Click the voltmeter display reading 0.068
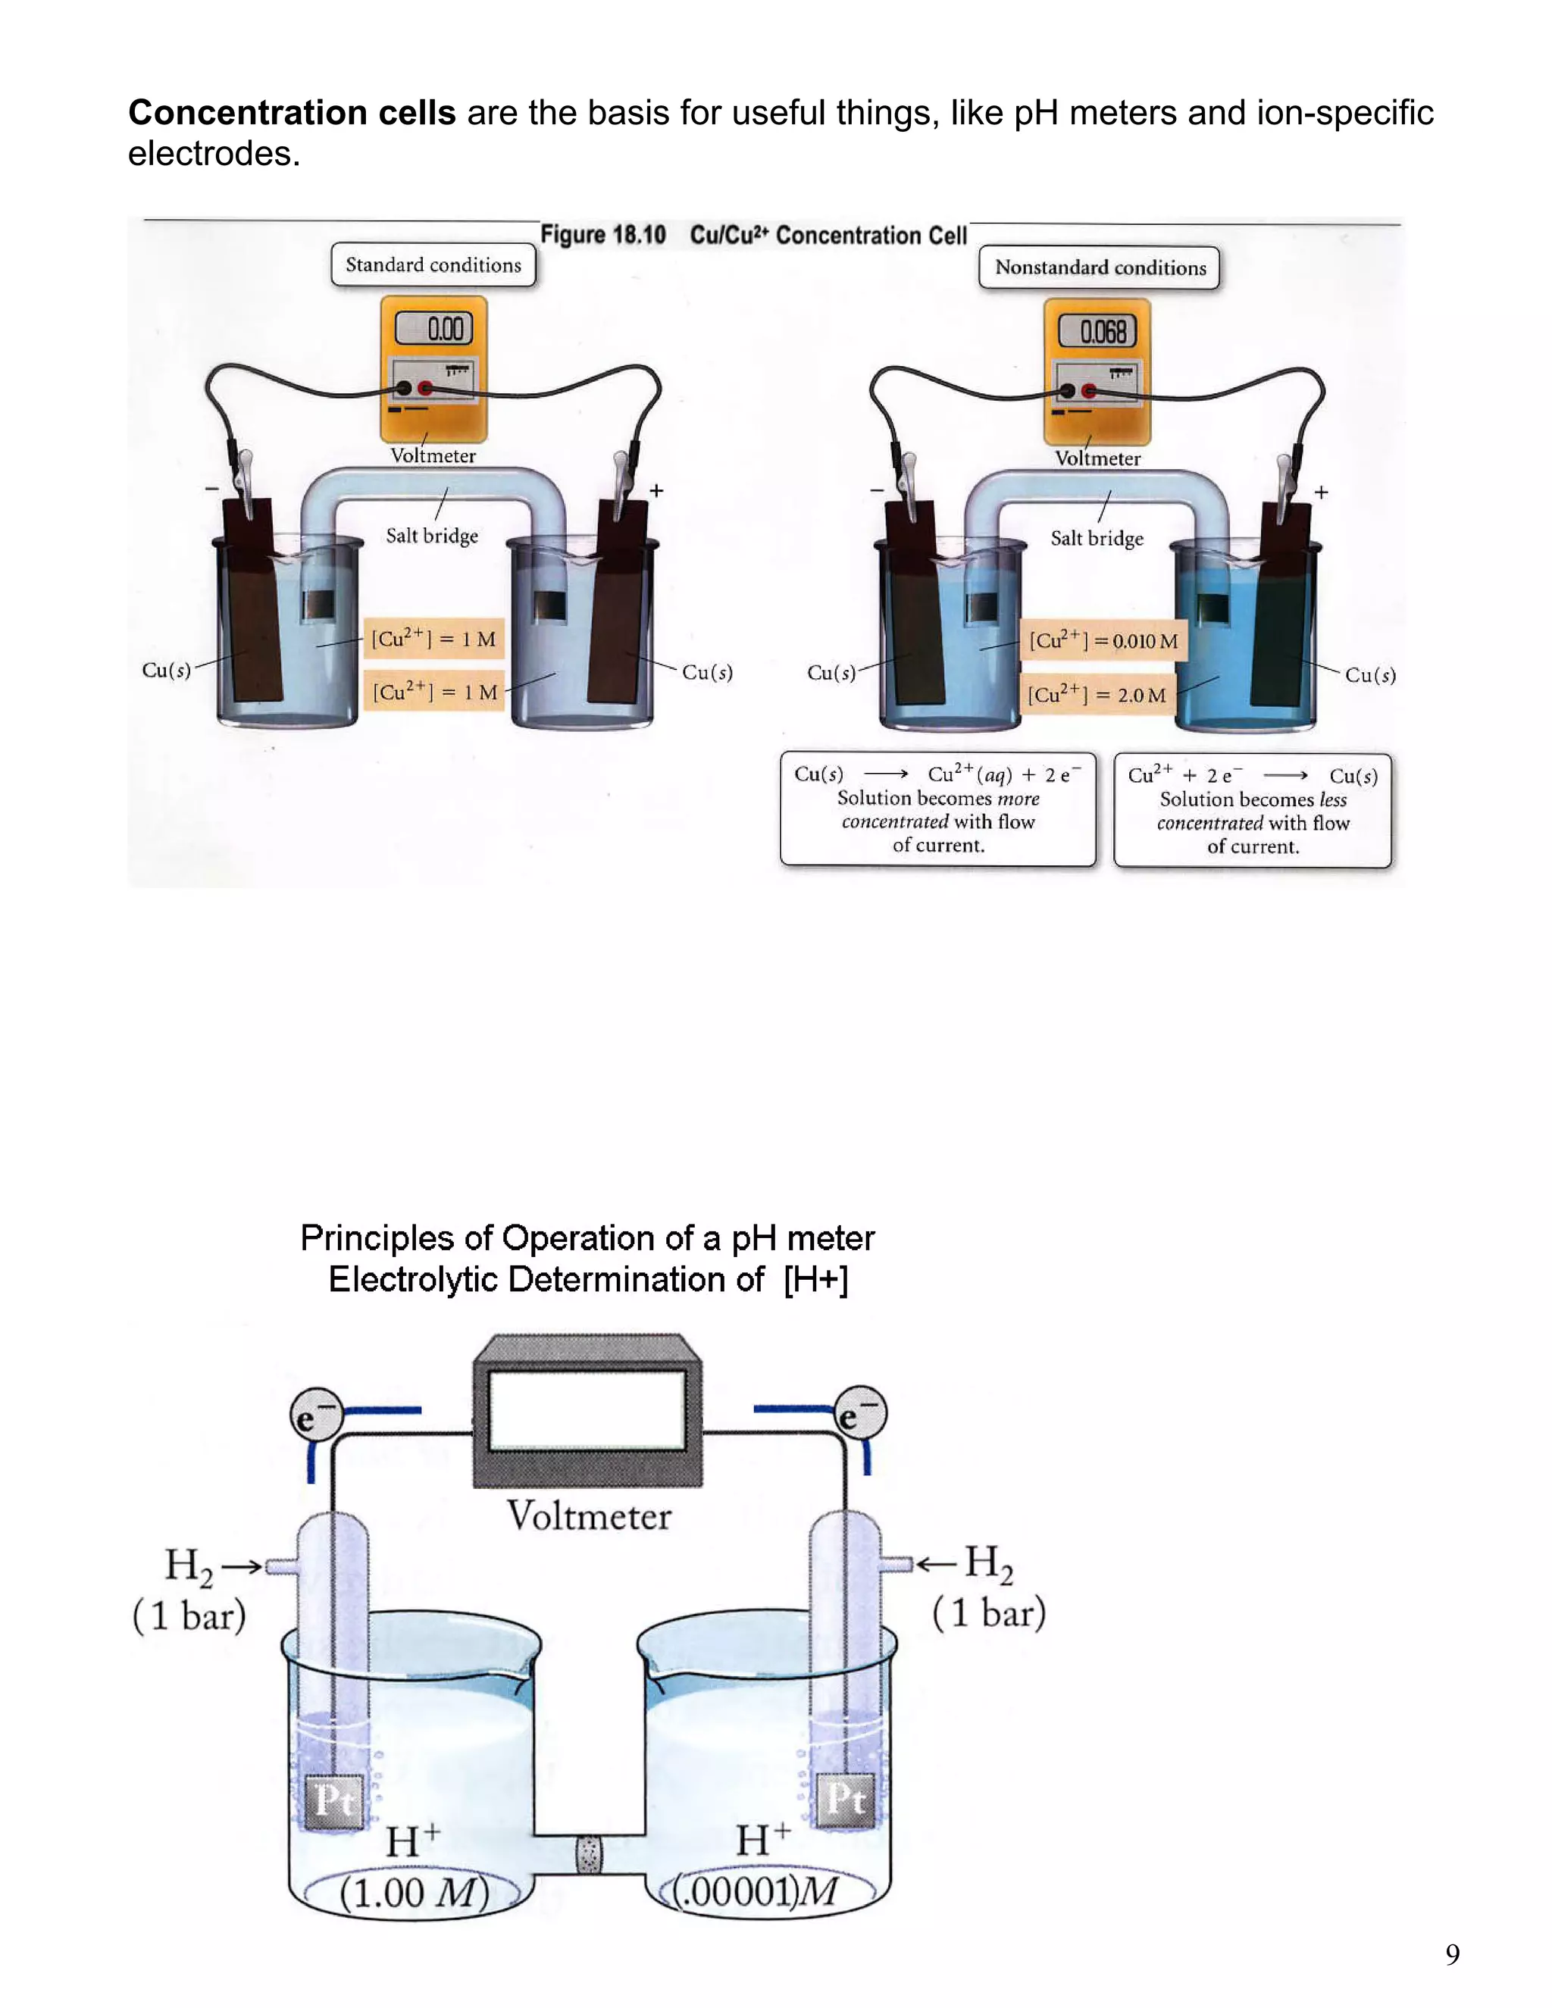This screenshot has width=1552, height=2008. point(1097,331)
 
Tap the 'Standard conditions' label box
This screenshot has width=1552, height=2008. point(433,264)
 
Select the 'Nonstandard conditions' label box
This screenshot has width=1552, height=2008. point(1100,267)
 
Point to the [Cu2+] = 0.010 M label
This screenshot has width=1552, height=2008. point(1103,641)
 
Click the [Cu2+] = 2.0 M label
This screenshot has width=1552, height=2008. point(1097,694)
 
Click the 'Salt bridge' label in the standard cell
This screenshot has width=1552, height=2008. point(432,535)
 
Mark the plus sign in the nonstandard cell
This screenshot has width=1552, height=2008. point(1321,493)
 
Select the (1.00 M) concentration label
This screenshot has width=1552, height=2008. point(414,1893)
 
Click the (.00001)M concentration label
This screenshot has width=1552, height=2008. point(754,1892)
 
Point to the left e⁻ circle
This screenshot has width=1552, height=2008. point(316,1416)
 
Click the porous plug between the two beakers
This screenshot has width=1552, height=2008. point(588,1854)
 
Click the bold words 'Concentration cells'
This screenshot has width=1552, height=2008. point(292,113)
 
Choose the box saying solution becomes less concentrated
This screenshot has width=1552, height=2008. point(1252,810)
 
